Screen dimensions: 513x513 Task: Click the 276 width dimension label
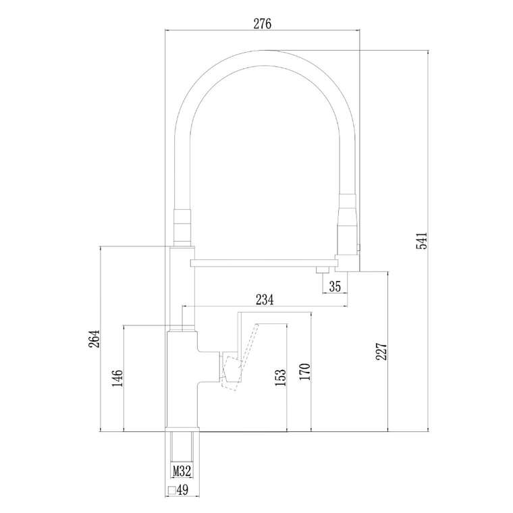(263, 24)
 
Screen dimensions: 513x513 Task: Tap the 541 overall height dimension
(422, 241)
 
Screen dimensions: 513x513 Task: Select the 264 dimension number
(94, 339)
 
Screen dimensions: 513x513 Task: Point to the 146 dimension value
(117, 378)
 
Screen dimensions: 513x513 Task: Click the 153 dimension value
(280, 377)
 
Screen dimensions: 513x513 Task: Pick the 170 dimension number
(304, 372)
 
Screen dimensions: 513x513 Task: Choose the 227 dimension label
(381, 352)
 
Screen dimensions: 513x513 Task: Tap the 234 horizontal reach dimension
(265, 300)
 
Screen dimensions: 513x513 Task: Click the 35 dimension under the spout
(335, 287)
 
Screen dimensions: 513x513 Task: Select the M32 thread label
(182, 471)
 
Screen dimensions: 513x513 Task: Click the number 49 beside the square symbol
(182, 490)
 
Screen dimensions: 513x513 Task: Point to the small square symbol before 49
(171, 490)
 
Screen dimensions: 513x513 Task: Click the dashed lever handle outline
(240, 357)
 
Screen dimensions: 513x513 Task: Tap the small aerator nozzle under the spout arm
(323, 270)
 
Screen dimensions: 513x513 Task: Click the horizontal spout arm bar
(264, 263)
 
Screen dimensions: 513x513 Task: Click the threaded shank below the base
(182, 452)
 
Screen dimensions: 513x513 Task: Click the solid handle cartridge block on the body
(230, 367)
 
